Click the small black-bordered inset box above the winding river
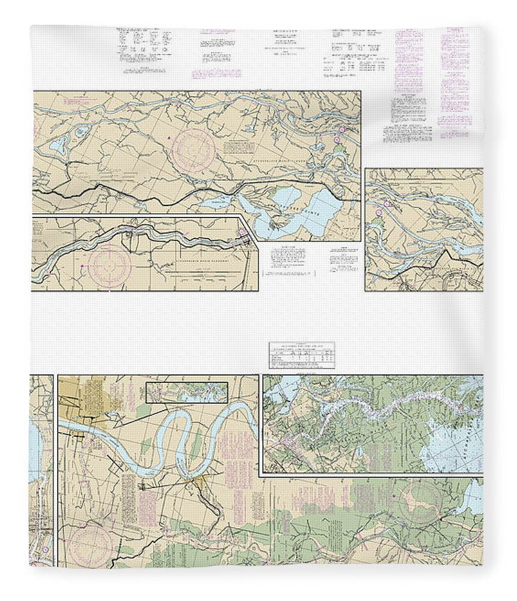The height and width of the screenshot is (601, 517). click(187, 392)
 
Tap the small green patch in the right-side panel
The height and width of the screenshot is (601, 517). click(376, 222)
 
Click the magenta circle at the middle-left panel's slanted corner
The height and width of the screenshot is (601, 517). click(242, 233)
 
